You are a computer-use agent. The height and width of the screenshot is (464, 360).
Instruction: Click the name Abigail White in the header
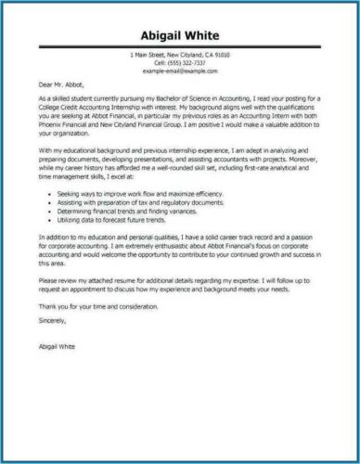pos(180,36)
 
